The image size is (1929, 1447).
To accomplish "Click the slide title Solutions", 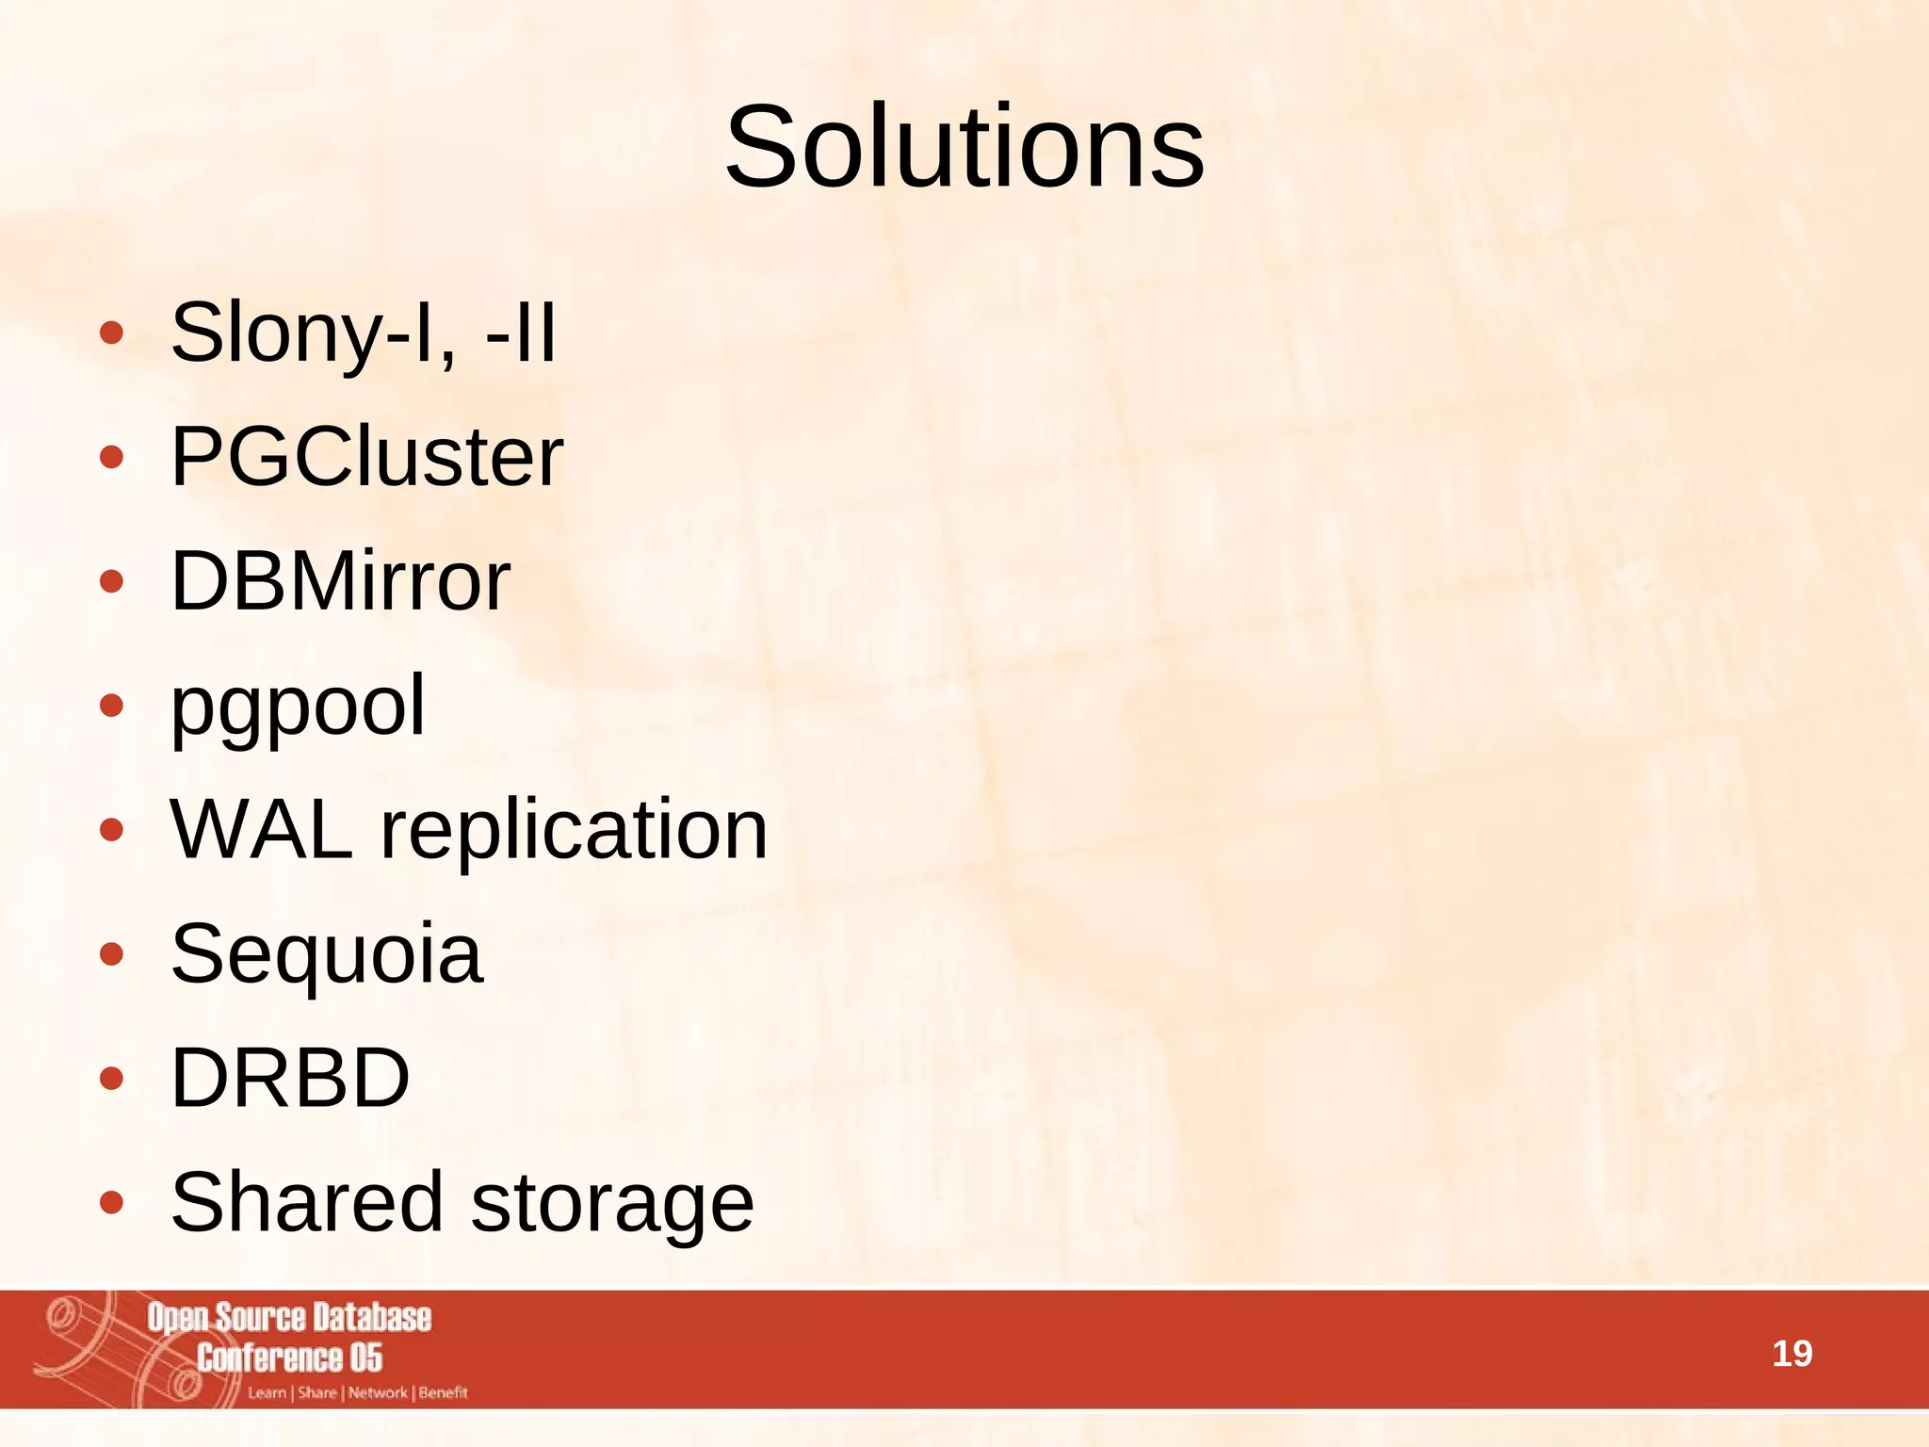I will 964,148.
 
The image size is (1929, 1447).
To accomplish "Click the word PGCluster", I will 366,457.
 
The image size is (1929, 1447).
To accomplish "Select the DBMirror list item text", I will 340,581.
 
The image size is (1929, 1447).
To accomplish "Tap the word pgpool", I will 298,707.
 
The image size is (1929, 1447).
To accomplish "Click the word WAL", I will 262,830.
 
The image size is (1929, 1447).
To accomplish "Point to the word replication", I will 574,830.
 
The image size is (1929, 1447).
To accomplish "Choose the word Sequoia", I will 327,954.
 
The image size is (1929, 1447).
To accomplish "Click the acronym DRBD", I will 290,1078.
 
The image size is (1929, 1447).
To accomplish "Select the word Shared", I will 307,1202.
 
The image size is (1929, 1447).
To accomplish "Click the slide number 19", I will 1791,1354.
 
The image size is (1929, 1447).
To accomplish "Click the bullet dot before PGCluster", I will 111,458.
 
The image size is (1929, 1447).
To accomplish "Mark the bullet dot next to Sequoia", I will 111,954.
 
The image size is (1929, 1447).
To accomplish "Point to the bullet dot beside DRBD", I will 111,1079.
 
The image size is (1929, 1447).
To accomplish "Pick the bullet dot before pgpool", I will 111,706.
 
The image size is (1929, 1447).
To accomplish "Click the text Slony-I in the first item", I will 301,333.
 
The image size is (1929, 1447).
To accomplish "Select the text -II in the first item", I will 521,333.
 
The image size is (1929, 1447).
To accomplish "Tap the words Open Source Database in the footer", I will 289,1318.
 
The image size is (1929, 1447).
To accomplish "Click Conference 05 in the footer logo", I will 289,1358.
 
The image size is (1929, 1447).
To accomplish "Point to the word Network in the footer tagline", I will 378,1392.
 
